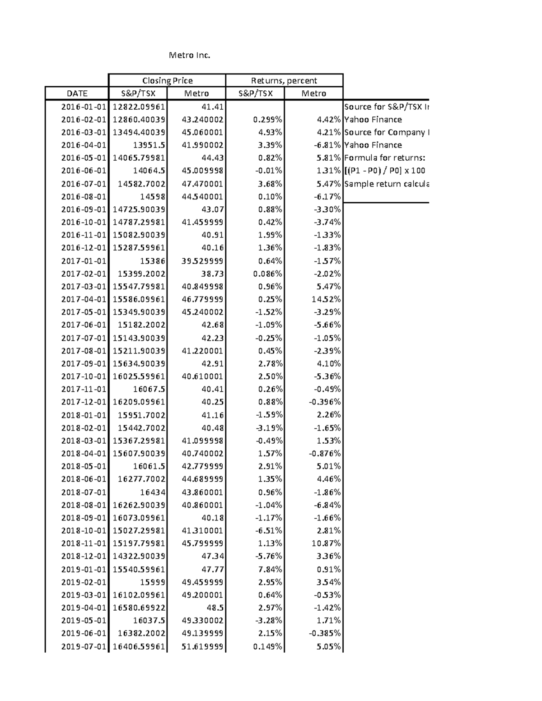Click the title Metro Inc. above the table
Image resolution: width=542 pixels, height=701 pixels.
click(189, 56)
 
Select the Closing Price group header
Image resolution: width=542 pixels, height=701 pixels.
click(167, 80)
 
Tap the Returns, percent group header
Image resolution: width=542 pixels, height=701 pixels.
click(284, 80)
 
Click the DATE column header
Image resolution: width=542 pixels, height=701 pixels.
click(77, 93)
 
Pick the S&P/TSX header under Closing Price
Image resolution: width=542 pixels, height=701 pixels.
click(138, 93)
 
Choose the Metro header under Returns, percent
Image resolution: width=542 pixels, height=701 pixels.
click(313, 93)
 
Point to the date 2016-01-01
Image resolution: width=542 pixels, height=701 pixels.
click(84, 107)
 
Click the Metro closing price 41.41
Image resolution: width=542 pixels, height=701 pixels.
click(212, 107)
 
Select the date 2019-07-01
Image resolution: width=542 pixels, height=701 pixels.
click(84, 646)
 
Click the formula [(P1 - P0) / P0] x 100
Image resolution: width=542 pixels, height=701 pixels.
click(384, 171)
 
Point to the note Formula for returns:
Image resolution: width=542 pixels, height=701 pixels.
click(384, 158)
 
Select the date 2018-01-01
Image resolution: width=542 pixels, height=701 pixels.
click(84, 415)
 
